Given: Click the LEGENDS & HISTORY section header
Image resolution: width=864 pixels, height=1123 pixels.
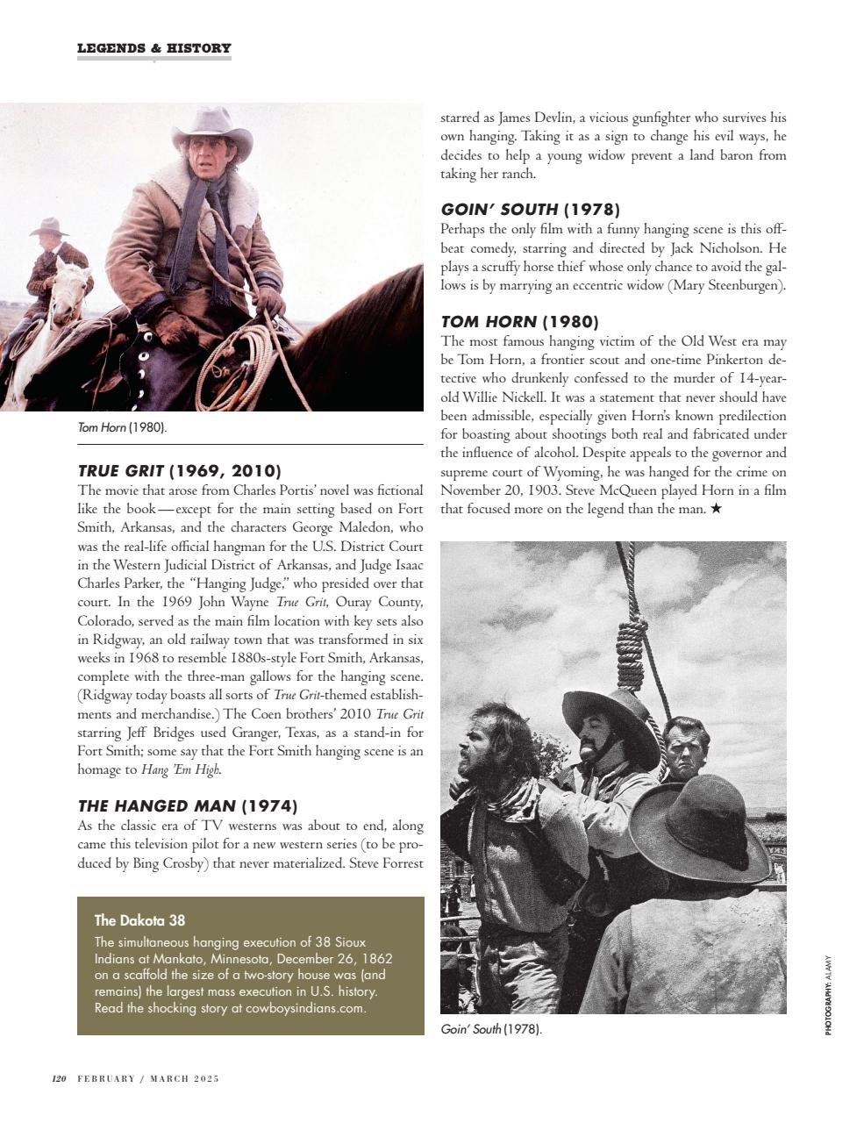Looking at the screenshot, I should coord(154,48).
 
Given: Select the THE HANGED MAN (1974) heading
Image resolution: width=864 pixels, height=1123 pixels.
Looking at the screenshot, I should coord(187,805).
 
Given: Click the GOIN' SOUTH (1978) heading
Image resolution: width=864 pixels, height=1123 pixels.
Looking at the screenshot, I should coord(530,209).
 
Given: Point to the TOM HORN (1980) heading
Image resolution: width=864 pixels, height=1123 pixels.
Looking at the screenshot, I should coord(519,321).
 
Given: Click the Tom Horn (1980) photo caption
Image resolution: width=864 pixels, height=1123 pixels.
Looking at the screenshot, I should coord(122,427).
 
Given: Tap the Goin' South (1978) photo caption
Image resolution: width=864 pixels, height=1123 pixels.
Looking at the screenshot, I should coord(490,1029).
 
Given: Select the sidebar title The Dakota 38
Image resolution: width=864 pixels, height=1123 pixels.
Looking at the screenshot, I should coord(139,920).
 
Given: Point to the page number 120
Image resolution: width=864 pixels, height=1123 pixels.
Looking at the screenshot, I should coord(60,1078).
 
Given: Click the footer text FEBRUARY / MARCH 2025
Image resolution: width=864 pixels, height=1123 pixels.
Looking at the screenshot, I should coord(147,1078).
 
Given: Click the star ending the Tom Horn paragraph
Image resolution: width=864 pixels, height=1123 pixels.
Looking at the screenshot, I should coord(716,509).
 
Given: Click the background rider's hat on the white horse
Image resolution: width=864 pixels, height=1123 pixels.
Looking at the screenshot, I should coord(49,227).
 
